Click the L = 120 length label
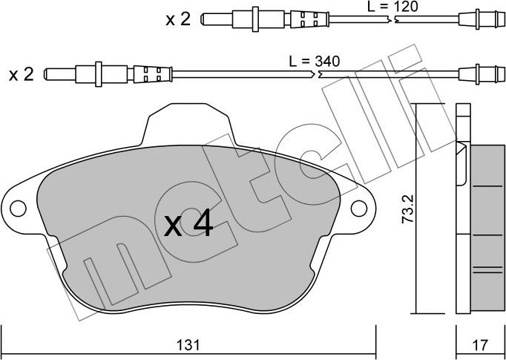392,6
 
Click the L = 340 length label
315,61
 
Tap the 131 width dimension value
189,345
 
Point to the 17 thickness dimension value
481,345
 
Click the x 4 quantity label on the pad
188,223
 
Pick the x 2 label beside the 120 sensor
178,20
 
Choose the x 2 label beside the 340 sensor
22,75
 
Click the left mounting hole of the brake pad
18,209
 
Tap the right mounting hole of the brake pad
359,209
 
